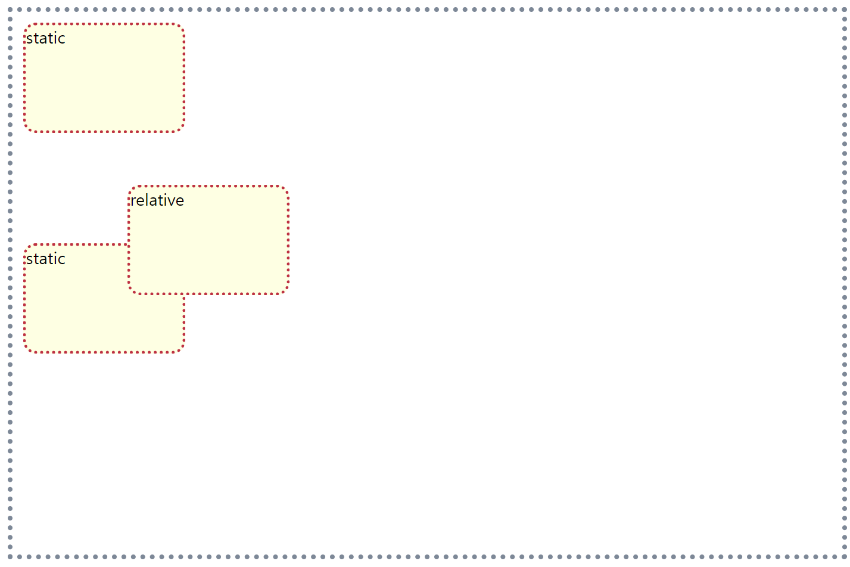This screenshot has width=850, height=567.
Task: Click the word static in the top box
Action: (x=45, y=38)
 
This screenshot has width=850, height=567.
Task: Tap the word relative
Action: (x=157, y=200)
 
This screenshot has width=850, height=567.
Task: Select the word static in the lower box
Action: (x=45, y=259)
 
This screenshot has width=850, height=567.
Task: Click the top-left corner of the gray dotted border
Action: (x=10, y=10)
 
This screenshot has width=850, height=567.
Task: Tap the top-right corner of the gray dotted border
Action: (x=845, y=10)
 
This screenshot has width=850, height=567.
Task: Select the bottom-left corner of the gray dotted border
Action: (x=10, y=557)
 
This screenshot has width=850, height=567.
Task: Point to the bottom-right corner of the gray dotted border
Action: (x=845, y=557)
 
